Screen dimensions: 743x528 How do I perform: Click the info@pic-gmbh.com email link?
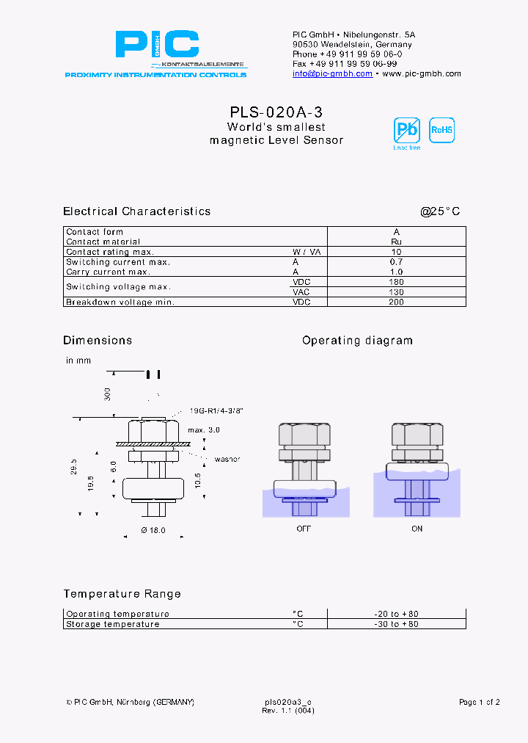[x=332, y=73]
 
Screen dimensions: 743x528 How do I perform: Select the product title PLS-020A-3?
[x=276, y=112]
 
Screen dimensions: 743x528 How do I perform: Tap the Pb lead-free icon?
[x=406, y=130]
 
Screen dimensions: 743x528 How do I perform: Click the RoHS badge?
[x=441, y=130]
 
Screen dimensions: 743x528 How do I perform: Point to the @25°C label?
[x=440, y=211]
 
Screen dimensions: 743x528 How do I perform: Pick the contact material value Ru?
[x=396, y=242]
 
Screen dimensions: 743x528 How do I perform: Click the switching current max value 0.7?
[x=396, y=262]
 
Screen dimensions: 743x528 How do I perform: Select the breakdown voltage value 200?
[x=396, y=302]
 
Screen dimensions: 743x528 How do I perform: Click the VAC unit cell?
[x=302, y=292]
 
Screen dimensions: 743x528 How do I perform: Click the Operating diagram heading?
[x=357, y=341]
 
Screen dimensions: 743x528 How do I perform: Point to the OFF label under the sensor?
[x=303, y=529]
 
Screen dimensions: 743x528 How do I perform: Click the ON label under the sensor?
[x=417, y=529]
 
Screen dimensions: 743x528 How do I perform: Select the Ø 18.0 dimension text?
[x=153, y=529]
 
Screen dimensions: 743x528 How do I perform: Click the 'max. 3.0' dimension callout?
[x=203, y=430]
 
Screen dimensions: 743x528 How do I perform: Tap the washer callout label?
[x=227, y=460]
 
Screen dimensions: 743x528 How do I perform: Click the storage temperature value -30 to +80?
[x=396, y=624]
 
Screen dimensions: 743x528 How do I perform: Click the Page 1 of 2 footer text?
[x=479, y=703]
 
